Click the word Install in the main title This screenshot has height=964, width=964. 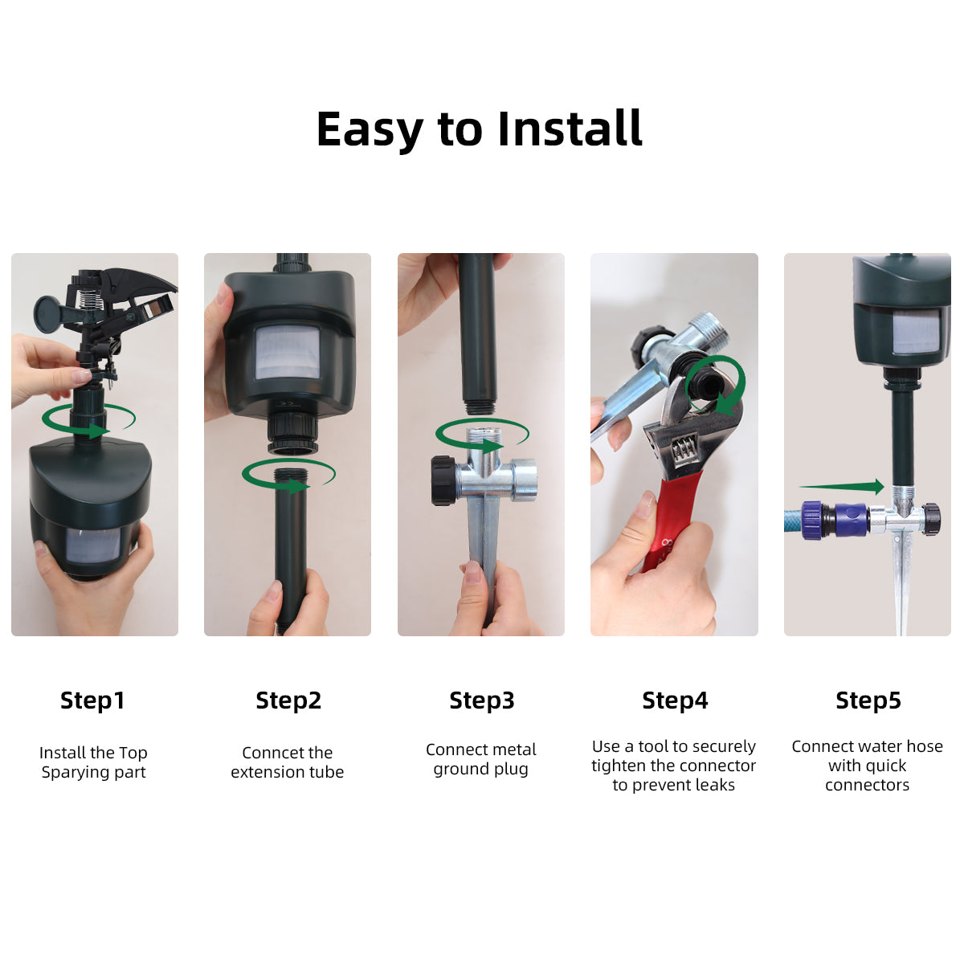pos(570,129)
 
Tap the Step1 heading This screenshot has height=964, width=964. pos(92,701)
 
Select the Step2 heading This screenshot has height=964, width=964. pos(288,701)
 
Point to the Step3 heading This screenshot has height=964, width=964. pos(481,701)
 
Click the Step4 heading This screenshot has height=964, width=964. pos(675,701)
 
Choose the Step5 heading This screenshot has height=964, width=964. pos(868,701)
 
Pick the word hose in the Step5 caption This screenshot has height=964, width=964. pos(924,746)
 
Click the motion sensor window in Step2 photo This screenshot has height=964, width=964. pos(287,353)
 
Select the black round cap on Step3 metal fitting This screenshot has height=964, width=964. pos(442,480)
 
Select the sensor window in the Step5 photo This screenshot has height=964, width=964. pos(915,332)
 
